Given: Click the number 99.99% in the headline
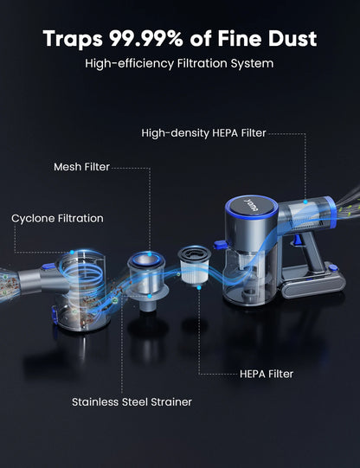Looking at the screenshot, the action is coord(145,39).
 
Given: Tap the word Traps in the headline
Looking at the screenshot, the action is coord(73,39).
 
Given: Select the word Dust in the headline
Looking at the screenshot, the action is coord(292,39).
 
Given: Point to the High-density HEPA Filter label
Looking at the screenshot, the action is coord(203,133).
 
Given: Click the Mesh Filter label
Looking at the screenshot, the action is coord(82,167).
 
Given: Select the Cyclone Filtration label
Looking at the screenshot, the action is coord(57,218).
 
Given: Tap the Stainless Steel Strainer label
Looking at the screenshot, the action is coord(132,401).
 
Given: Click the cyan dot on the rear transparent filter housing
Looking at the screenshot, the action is coord(305,202).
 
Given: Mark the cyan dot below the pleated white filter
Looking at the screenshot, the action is coord(199,287).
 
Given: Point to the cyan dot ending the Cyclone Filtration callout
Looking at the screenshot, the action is coord(72,253).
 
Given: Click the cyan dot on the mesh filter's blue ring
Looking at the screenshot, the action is coord(150,254).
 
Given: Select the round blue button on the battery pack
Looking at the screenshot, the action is coord(333,268).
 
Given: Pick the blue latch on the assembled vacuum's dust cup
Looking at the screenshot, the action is coord(220,245).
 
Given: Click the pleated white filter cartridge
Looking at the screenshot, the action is coord(195,265).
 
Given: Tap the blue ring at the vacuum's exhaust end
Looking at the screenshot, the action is coord(331,212).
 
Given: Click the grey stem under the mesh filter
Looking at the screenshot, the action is coord(148,305).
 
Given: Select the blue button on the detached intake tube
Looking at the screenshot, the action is coord(48,266).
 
